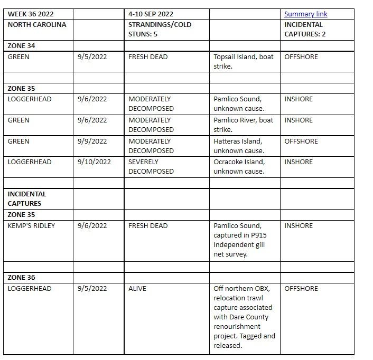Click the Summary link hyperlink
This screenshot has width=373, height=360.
click(305, 14)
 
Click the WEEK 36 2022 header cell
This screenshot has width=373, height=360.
click(31, 14)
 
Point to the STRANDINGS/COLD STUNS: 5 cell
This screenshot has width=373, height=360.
click(160, 29)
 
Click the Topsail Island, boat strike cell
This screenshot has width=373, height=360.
click(244, 61)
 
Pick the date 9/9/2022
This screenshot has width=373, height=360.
click(92, 141)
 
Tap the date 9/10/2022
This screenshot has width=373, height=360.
click(94, 162)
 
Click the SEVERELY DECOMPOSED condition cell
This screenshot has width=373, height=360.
click(151, 166)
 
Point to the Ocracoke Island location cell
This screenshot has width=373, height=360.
click(239, 166)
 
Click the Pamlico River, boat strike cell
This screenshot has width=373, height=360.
click(244, 125)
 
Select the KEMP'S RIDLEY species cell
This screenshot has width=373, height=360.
click(31, 225)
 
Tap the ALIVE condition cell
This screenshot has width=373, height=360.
click(137, 289)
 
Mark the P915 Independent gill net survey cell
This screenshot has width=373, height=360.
click(239, 240)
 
